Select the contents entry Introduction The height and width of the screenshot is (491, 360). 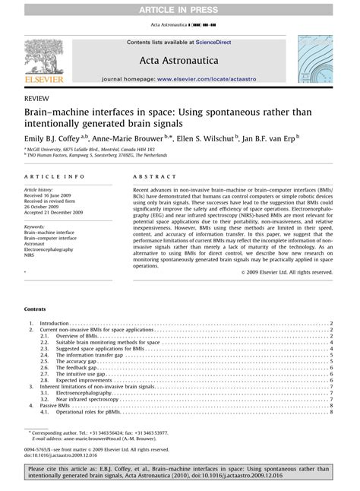click(x=54, y=323)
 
